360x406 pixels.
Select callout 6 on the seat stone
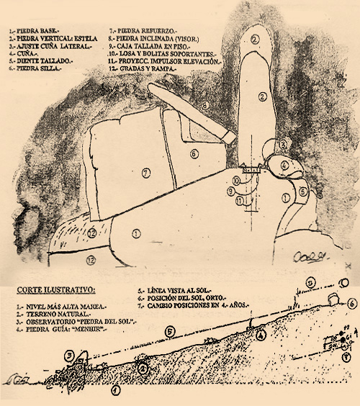point(194,153)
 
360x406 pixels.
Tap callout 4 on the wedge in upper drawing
point(284,165)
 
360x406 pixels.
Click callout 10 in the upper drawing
point(235,179)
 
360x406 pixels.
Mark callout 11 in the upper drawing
point(238,201)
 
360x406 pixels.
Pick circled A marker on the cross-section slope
point(261,334)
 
